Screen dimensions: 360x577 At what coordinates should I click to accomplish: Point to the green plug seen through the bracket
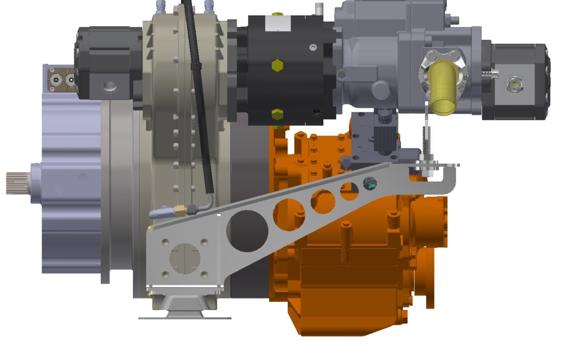click(x=369, y=183)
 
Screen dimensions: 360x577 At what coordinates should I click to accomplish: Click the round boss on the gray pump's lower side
click(x=380, y=91)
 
